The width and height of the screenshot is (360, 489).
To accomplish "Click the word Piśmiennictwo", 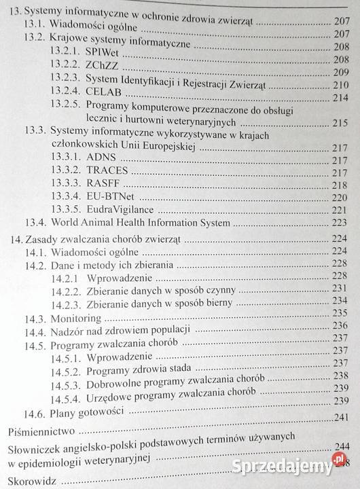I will pos(41,431).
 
